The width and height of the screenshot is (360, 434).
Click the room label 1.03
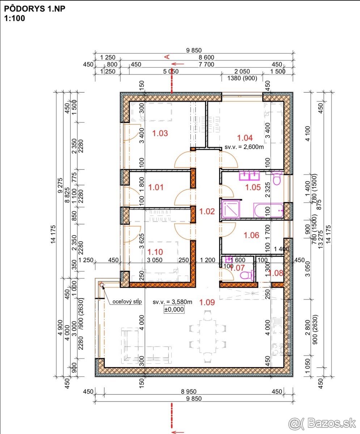pos(160,133)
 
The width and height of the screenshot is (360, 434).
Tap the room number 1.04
pos(245,138)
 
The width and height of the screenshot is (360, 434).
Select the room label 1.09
pos(207,302)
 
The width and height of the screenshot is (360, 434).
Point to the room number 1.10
pos(155,252)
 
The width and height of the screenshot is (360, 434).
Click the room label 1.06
pos(251,235)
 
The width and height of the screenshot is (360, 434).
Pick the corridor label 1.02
pos(207,211)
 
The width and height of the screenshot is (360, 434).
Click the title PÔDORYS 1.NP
pos(35,9)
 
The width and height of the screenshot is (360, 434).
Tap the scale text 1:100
pos(14,18)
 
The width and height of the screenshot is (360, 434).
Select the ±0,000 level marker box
pos(174,309)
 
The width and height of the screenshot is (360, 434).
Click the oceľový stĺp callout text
pos(127,302)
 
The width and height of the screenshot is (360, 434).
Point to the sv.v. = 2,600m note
pos(244,147)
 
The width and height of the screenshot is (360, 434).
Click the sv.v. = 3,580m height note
pos(173,302)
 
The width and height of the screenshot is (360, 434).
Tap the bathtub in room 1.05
pos(268,210)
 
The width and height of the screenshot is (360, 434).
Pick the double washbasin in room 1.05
pos(249,176)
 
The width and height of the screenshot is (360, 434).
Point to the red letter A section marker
pos(167,57)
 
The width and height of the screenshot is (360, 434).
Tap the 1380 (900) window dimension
pos(242,78)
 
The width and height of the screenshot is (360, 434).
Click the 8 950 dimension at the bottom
pos(189,392)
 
